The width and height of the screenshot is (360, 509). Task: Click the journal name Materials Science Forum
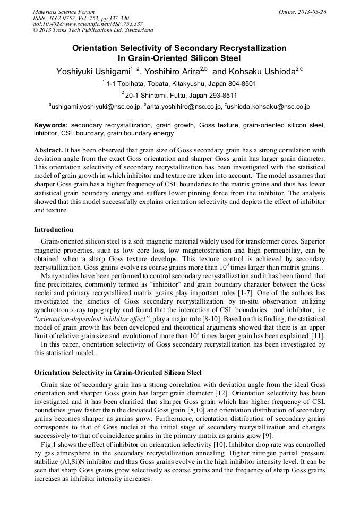64,12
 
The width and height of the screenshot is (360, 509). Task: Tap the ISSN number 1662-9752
65,18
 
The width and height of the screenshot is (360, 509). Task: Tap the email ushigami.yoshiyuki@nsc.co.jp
96,107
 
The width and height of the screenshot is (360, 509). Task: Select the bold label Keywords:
51,126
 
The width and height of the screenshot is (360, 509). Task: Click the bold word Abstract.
48,150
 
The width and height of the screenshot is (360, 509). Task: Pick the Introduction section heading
54,230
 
